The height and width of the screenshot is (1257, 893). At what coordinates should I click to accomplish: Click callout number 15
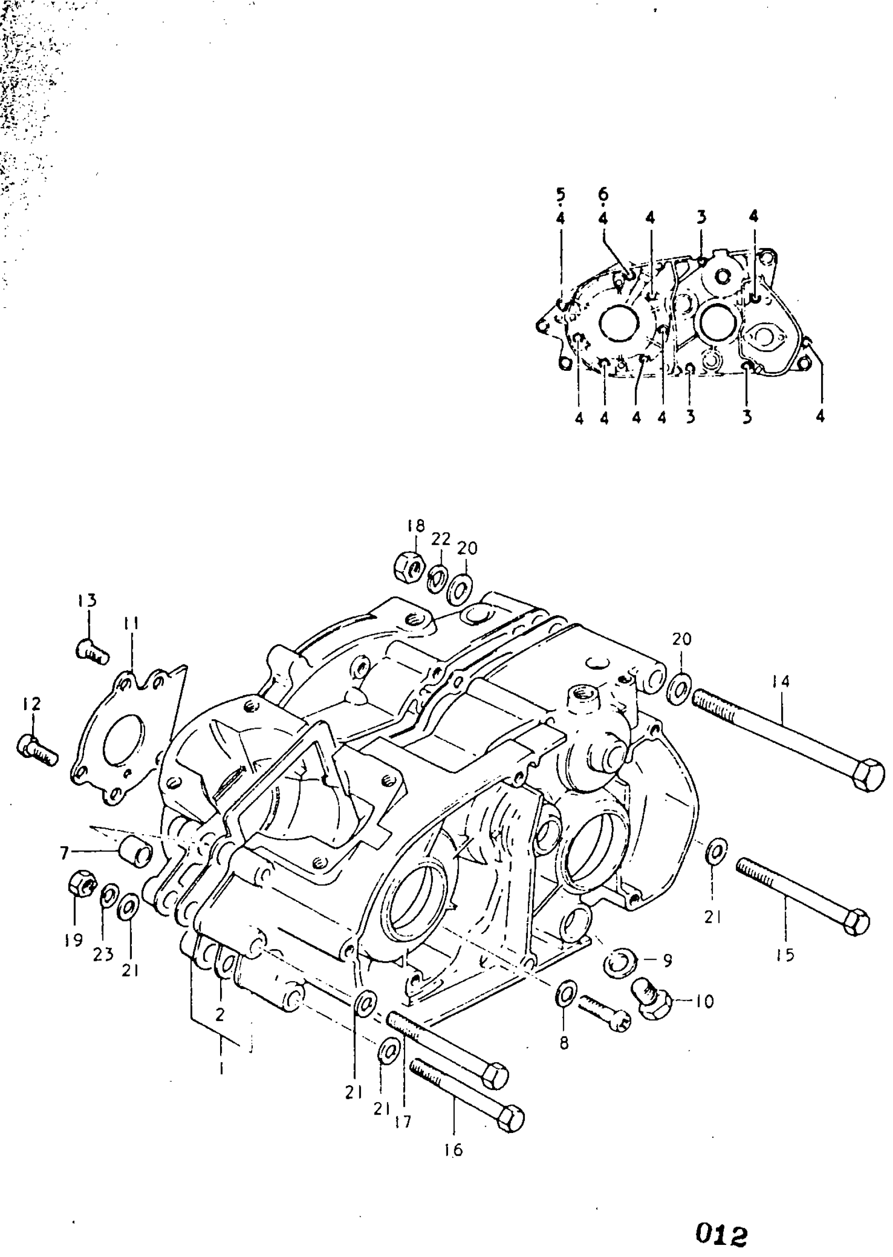coord(786,955)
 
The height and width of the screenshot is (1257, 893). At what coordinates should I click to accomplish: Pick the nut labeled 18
coord(409,566)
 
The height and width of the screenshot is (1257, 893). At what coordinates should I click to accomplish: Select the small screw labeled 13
coord(92,653)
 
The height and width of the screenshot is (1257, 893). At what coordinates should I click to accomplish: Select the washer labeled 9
coord(620,961)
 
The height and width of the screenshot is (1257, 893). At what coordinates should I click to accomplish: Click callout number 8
coord(564,1043)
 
